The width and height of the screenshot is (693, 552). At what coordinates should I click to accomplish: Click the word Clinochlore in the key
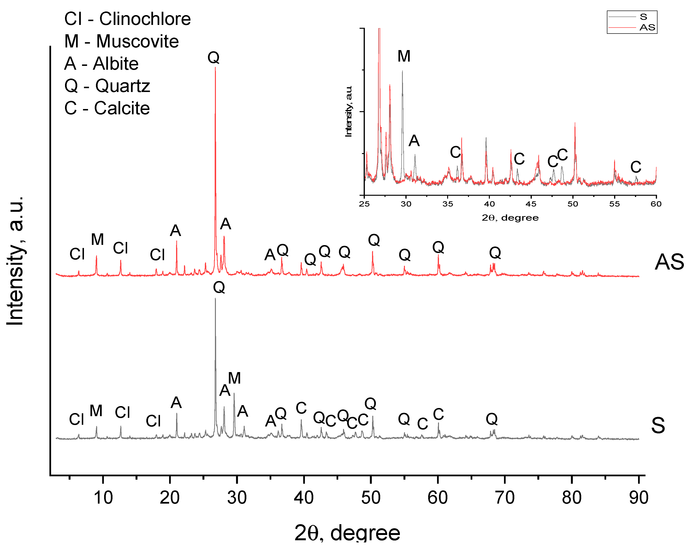pos(145,19)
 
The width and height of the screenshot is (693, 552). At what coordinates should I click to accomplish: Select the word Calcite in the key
pos(122,108)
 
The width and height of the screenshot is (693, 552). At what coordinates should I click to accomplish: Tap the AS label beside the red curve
pos(669,262)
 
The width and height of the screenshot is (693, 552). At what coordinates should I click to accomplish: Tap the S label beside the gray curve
pos(658,426)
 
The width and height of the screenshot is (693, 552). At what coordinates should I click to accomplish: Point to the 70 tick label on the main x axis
pos(505,498)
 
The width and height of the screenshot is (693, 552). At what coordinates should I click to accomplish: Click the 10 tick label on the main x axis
pos(103,498)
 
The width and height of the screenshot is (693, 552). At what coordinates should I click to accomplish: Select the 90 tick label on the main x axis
pos(638,498)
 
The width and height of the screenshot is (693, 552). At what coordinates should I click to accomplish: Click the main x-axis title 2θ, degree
pos(347,533)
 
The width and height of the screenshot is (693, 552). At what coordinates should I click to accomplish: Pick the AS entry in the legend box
pos(647,28)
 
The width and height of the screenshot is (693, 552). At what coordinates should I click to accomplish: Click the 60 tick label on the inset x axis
pos(656,204)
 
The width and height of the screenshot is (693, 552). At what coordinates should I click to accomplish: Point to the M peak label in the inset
pos(404,57)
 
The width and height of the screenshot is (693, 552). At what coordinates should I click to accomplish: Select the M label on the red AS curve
pos(97,240)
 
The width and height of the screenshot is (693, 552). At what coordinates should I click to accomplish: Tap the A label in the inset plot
pos(414,141)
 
